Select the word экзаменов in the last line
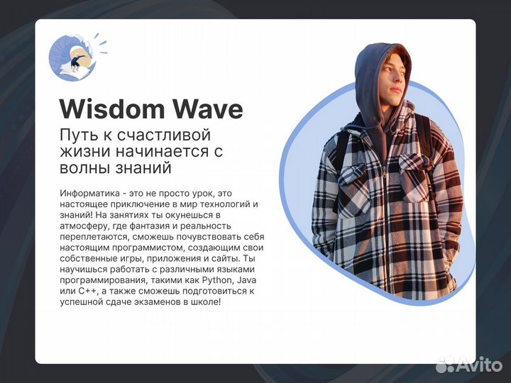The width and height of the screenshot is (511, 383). click(x=151, y=302)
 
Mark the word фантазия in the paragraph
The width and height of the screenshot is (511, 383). click(x=148, y=226)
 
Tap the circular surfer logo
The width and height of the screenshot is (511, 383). click(x=72, y=57)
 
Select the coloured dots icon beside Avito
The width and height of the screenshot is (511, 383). click(x=445, y=365)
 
